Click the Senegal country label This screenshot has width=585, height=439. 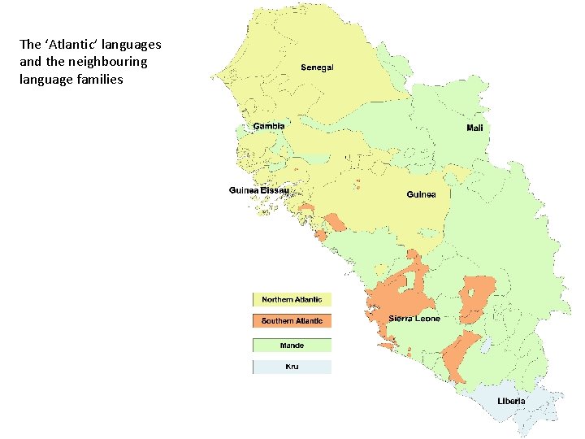coord(317,67)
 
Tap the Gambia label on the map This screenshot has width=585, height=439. coord(269,126)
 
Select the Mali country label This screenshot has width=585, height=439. coord(478,128)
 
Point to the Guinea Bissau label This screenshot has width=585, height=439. coord(258,191)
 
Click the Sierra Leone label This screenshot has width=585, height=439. coord(414,318)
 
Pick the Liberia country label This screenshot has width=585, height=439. coord(511,401)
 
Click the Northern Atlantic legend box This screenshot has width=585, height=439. coord(292,300)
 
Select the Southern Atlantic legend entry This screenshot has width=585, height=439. coord(292,321)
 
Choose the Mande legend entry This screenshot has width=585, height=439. coord(292,346)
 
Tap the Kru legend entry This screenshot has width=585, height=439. coord(292,367)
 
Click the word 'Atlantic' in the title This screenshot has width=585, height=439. coord(70,45)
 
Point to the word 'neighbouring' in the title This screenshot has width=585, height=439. coord(95,62)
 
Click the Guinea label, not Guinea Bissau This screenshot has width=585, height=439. coord(421,194)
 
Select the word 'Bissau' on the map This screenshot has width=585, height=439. coord(275,191)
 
